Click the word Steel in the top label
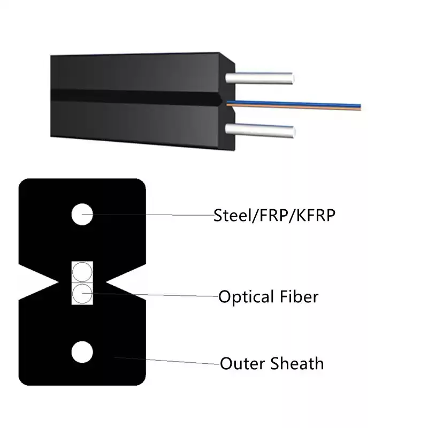click(232, 216)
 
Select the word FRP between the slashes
click(274, 216)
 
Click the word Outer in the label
click(242, 364)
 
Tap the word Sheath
click(297, 363)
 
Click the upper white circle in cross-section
click(82, 215)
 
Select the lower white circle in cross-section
click(82, 352)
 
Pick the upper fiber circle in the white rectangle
click(82, 272)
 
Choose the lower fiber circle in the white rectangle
click(82, 293)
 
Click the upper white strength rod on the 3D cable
click(259, 78)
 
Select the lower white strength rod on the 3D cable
click(260, 130)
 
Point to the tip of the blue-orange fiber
click(361, 108)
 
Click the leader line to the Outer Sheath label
click(167, 361)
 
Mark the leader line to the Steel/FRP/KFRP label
click(148, 215)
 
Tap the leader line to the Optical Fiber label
click(150, 295)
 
